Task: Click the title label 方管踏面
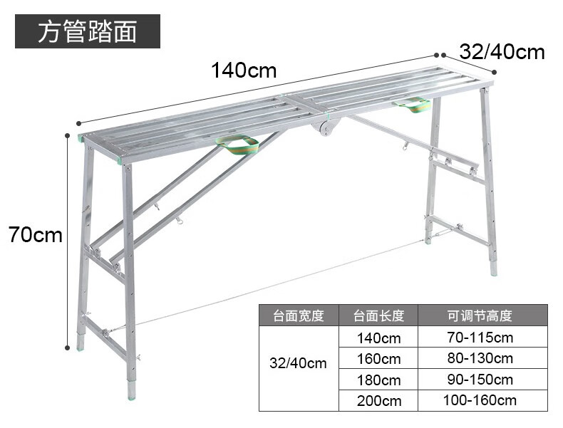click(87, 32)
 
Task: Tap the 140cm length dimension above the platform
click(243, 71)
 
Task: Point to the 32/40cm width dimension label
click(502, 52)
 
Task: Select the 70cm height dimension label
click(36, 234)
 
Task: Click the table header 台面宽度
click(299, 315)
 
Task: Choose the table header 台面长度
click(378, 315)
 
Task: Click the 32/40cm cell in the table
click(299, 363)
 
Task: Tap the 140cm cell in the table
click(378, 338)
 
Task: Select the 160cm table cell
click(378, 358)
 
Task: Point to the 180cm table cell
click(378, 380)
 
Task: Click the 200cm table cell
click(378, 400)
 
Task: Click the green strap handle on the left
click(238, 145)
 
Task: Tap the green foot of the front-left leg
click(132, 390)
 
